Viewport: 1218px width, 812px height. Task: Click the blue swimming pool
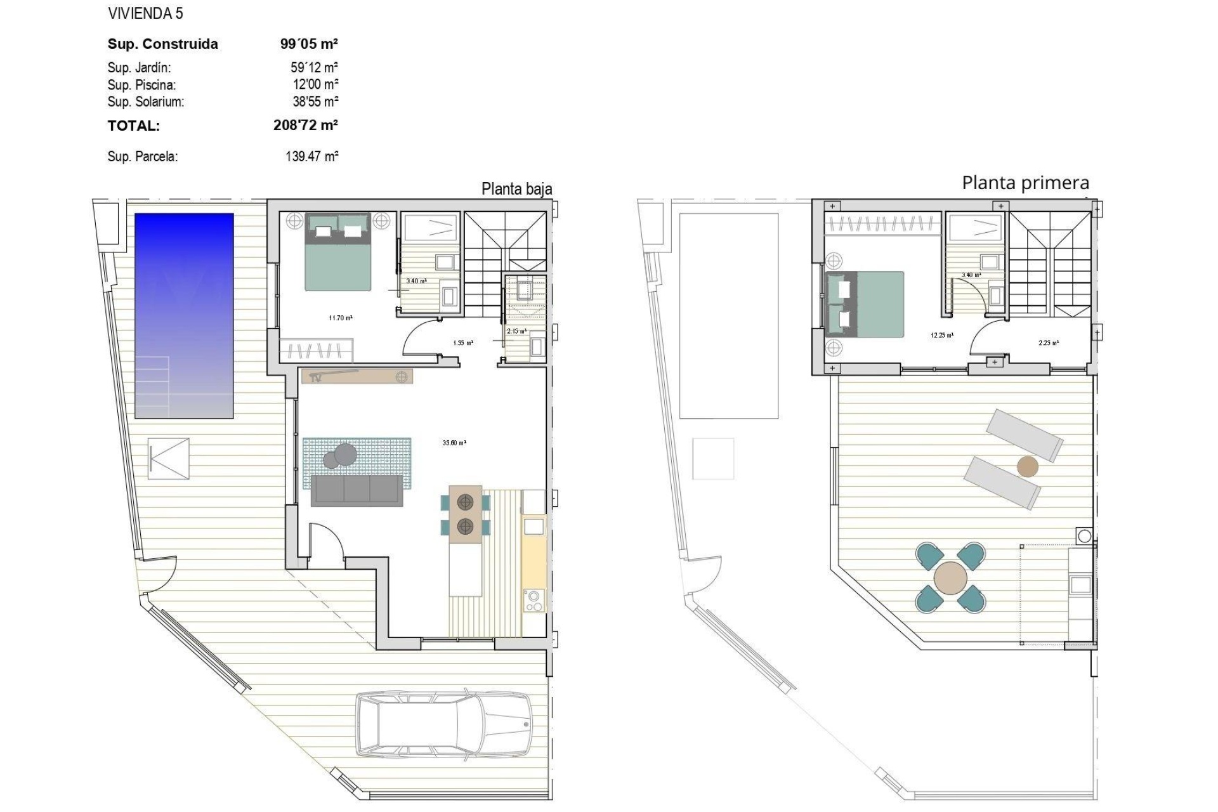[x=184, y=315]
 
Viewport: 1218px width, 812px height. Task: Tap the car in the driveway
[x=443, y=724]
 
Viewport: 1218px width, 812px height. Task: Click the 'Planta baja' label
[x=516, y=189]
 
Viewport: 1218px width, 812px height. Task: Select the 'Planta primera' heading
[x=1025, y=183]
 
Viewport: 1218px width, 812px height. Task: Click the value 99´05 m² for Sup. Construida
[x=309, y=44]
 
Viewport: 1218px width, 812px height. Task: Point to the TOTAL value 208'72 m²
[x=305, y=125]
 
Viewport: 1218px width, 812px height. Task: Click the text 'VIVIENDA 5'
[x=145, y=13]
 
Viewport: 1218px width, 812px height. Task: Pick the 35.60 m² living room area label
[x=454, y=443]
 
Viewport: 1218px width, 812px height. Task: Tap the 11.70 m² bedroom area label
[x=341, y=318]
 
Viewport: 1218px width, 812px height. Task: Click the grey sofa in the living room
[x=357, y=490]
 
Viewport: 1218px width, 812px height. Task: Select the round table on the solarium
[x=951, y=578]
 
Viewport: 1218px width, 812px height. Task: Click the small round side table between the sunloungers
[x=1028, y=467]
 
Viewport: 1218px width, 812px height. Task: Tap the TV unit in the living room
[x=357, y=376]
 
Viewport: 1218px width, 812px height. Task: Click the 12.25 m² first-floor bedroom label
[x=941, y=335]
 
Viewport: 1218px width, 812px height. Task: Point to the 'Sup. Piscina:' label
[x=141, y=85]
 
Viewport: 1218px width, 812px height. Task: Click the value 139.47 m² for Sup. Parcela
[x=311, y=156]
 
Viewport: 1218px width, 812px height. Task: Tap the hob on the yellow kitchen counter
[x=534, y=600]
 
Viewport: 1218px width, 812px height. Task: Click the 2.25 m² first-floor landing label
[x=1048, y=343]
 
